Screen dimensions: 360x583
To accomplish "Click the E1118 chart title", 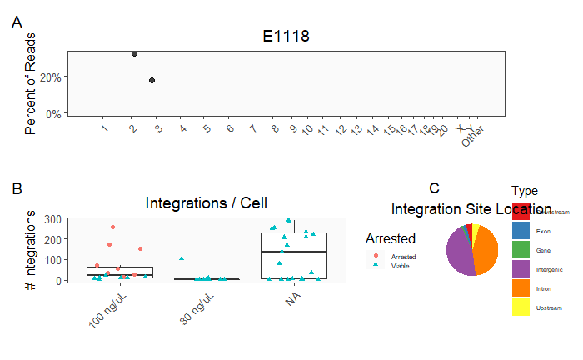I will [x=286, y=36].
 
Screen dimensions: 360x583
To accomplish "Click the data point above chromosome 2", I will [x=134, y=53].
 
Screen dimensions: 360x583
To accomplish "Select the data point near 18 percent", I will [x=152, y=80].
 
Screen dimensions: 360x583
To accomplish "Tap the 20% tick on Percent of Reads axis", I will [x=52, y=77].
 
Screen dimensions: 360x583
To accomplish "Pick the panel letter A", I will [x=17, y=24].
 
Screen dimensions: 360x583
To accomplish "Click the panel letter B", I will [x=17, y=188].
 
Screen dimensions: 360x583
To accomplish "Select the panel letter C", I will [x=434, y=188].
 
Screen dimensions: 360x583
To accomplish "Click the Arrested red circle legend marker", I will [x=376, y=256].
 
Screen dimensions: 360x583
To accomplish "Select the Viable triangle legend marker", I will [x=376, y=265].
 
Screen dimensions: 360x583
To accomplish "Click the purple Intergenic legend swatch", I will [x=521, y=268].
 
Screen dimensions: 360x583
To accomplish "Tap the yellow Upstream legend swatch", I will [x=521, y=307].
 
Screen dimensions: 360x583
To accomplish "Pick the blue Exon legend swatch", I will [x=521, y=230].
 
